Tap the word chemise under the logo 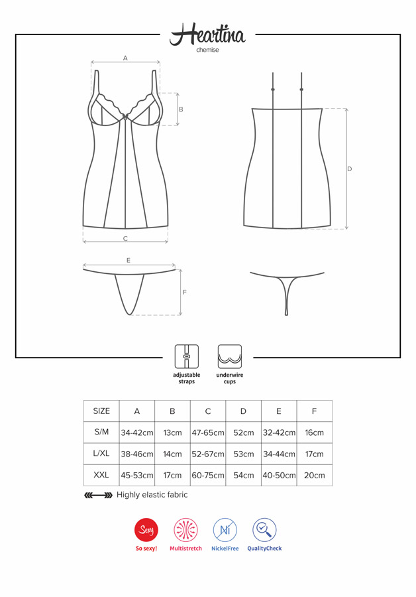point(207,50)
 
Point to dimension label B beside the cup point(181,109)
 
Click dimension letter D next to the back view point(350,169)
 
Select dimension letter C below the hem point(125,239)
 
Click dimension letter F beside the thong point(184,293)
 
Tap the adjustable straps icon point(186,356)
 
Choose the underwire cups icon point(230,356)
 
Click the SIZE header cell point(101,411)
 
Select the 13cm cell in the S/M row point(172,432)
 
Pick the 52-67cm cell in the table point(208,454)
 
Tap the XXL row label point(101,475)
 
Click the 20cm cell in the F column point(315,475)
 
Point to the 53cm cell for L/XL point(243,454)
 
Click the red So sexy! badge point(146,529)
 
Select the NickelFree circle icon point(225,529)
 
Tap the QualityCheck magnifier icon point(264,529)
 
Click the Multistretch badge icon point(185,529)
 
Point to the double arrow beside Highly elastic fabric point(98,496)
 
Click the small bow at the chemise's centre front point(125,115)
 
